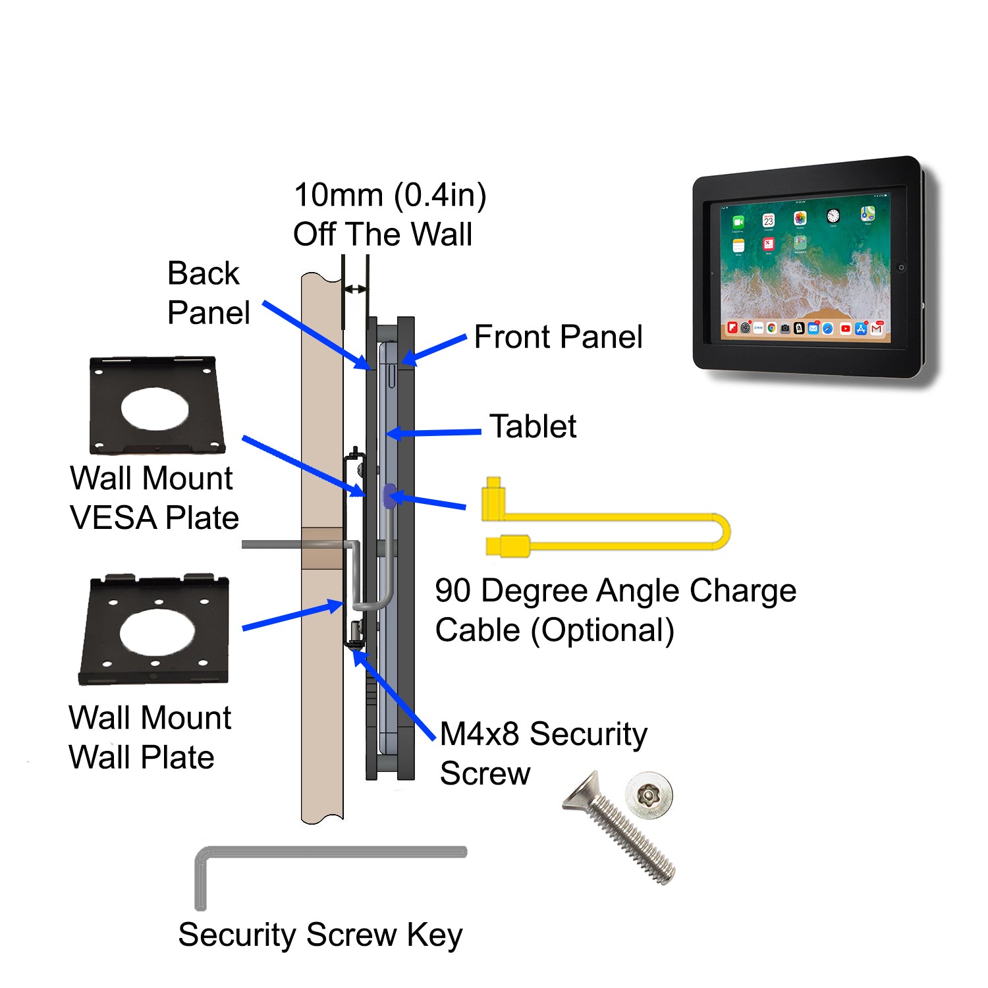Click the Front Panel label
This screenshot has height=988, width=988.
pyautogui.click(x=558, y=337)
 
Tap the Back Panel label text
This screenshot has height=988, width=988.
pyautogui.click(x=208, y=293)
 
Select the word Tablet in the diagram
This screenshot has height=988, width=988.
pyautogui.click(x=533, y=427)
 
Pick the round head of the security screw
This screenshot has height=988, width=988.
pyautogui.click(x=649, y=796)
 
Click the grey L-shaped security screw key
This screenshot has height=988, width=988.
pyautogui.click(x=329, y=852)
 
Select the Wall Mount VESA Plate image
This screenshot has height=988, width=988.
pyautogui.click(x=156, y=406)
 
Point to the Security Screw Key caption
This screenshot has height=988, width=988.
pyautogui.click(x=320, y=935)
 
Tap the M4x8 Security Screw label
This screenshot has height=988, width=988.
pyautogui.click(x=543, y=754)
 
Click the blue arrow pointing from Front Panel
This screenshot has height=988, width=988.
pyautogui.click(x=435, y=349)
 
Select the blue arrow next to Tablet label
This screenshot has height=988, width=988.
pyautogui.click(x=435, y=433)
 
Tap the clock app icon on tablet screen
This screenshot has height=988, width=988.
pyautogui.click(x=833, y=216)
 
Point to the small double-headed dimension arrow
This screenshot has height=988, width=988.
pyautogui.click(x=356, y=289)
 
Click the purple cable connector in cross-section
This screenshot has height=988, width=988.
pyautogui.click(x=389, y=497)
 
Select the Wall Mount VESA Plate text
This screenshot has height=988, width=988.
pyautogui.click(x=153, y=498)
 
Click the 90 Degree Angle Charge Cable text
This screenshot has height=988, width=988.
pyautogui.click(x=615, y=611)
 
